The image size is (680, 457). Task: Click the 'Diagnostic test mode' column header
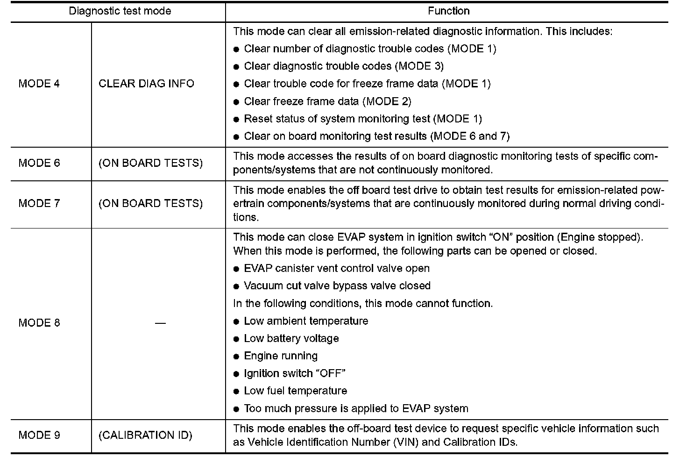pos(120,11)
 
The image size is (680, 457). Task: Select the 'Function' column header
pos(448,11)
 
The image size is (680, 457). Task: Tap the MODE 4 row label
pos(39,84)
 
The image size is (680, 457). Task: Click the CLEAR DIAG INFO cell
pos(146,84)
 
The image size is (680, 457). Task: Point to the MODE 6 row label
pos(39,163)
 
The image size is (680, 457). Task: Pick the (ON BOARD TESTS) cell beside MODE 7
pos(150,204)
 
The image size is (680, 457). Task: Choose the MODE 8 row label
pos(39,323)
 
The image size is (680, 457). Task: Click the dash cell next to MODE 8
pos(160,323)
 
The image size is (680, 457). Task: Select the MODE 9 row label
pos(39,435)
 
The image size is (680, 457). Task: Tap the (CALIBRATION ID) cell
pos(145,435)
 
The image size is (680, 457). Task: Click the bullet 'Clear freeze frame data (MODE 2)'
pos(327,101)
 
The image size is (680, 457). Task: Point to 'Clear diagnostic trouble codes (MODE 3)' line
pos(344,66)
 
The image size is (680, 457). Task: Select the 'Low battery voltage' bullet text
pos(291,338)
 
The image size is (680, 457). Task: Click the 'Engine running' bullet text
pos(281,356)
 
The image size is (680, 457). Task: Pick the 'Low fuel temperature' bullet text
pos(296,391)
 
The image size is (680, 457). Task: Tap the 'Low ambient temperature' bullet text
pos(306,321)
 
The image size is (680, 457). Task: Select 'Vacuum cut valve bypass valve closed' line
pos(337,286)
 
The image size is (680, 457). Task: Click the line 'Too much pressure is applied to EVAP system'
pos(356,408)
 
